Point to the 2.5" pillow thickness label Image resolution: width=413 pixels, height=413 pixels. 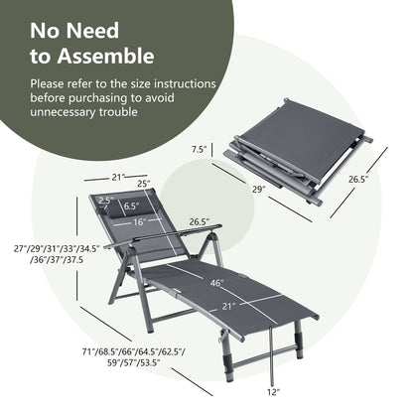point(104,199)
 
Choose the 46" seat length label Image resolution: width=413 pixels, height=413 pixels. point(214,283)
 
